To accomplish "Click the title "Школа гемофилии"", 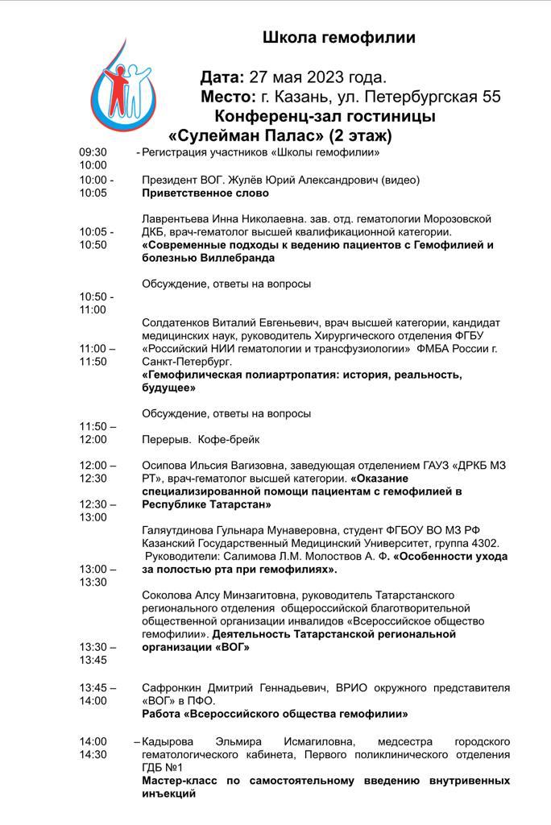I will coord(339,37).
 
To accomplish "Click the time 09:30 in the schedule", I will coord(93,152).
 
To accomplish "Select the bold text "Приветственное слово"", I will coord(205,193).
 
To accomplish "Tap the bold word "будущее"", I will coord(169,388).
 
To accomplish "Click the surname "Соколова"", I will coord(168,595).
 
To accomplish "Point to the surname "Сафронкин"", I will coord(173,688).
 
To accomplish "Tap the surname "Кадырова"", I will coord(170,741).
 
